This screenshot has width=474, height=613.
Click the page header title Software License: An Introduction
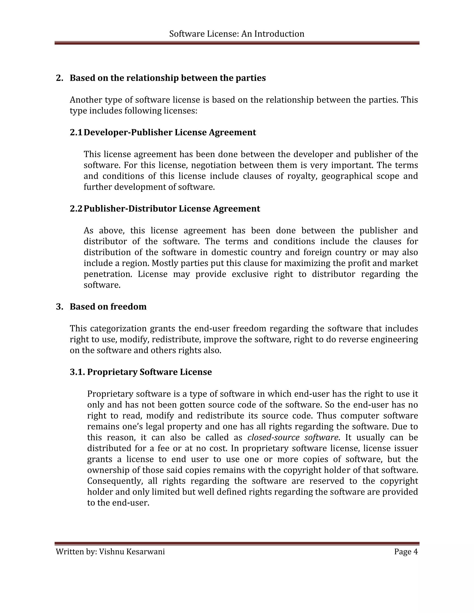pos(237,34)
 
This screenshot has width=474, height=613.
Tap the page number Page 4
pos(406,551)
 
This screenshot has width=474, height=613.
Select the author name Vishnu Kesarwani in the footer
pos(132,551)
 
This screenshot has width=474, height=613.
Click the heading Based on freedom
pos(108,306)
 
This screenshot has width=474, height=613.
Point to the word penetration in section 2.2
pos(108,274)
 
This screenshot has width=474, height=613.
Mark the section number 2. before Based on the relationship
pos(59,78)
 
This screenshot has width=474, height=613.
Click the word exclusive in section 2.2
pos(250,274)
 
